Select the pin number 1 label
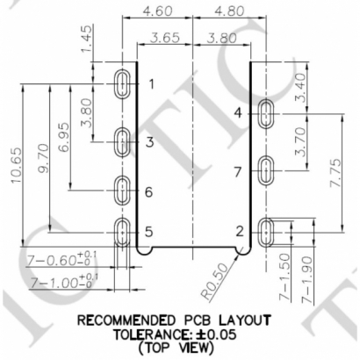coord(152,84)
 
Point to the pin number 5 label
coord(149,232)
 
